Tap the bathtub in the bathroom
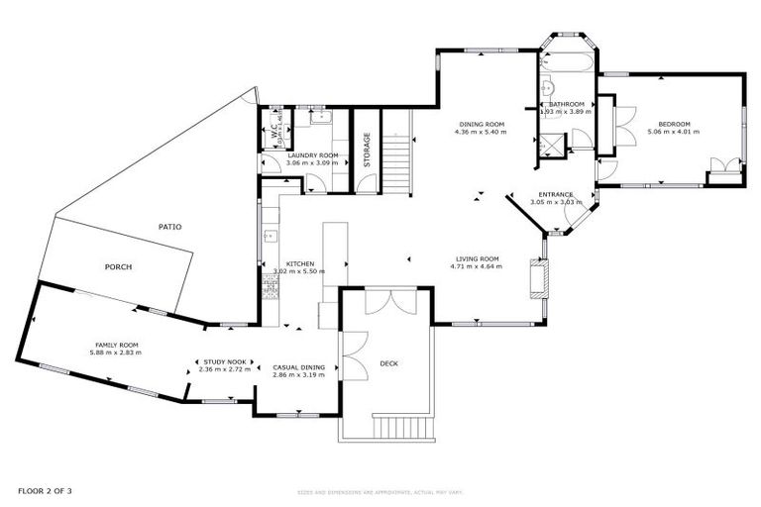click(566, 61)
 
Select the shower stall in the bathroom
click(549, 146)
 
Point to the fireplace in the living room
click(537, 277)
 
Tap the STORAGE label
click(366, 150)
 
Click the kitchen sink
click(268, 238)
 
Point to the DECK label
click(388, 363)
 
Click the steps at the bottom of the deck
click(403, 427)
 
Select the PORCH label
click(118, 267)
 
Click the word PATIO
click(169, 227)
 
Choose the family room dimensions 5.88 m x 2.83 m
click(115, 353)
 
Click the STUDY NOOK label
click(226, 362)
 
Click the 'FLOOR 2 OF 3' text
click(45, 491)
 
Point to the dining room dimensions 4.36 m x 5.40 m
click(480, 132)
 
